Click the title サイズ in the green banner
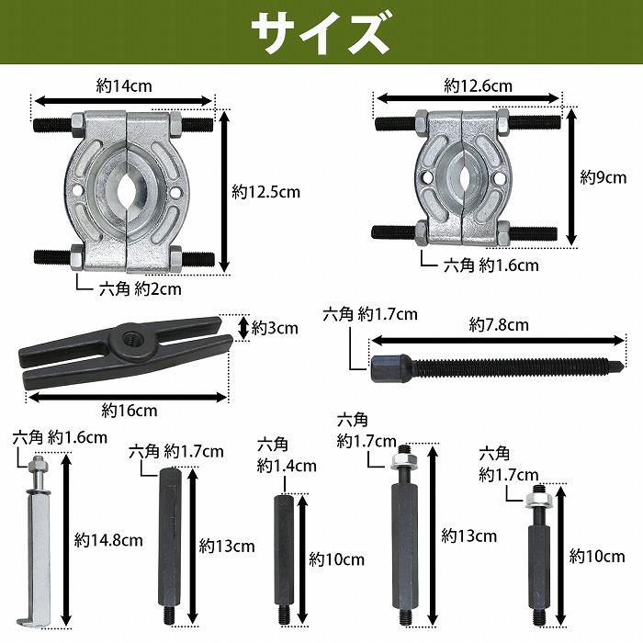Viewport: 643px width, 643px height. (x=321, y=33)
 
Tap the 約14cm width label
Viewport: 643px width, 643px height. (x=124, y=85)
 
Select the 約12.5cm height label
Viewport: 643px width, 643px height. (x=265, y=192)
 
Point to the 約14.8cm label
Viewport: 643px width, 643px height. (x=109, y=540)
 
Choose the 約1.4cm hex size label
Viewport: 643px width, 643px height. (x=287, y=467)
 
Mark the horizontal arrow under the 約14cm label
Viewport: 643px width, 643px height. (x=124, y=101)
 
